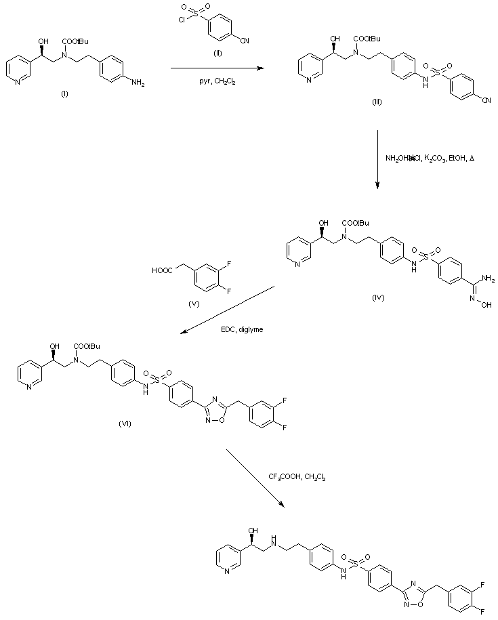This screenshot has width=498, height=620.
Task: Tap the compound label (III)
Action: coord(377,101)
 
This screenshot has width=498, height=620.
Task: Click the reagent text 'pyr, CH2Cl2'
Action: coord(213,83)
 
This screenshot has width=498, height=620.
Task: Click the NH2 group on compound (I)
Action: coord(137,83)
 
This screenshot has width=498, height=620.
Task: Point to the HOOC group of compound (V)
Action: coord(163,271)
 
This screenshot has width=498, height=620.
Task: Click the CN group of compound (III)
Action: coord(486,101)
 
